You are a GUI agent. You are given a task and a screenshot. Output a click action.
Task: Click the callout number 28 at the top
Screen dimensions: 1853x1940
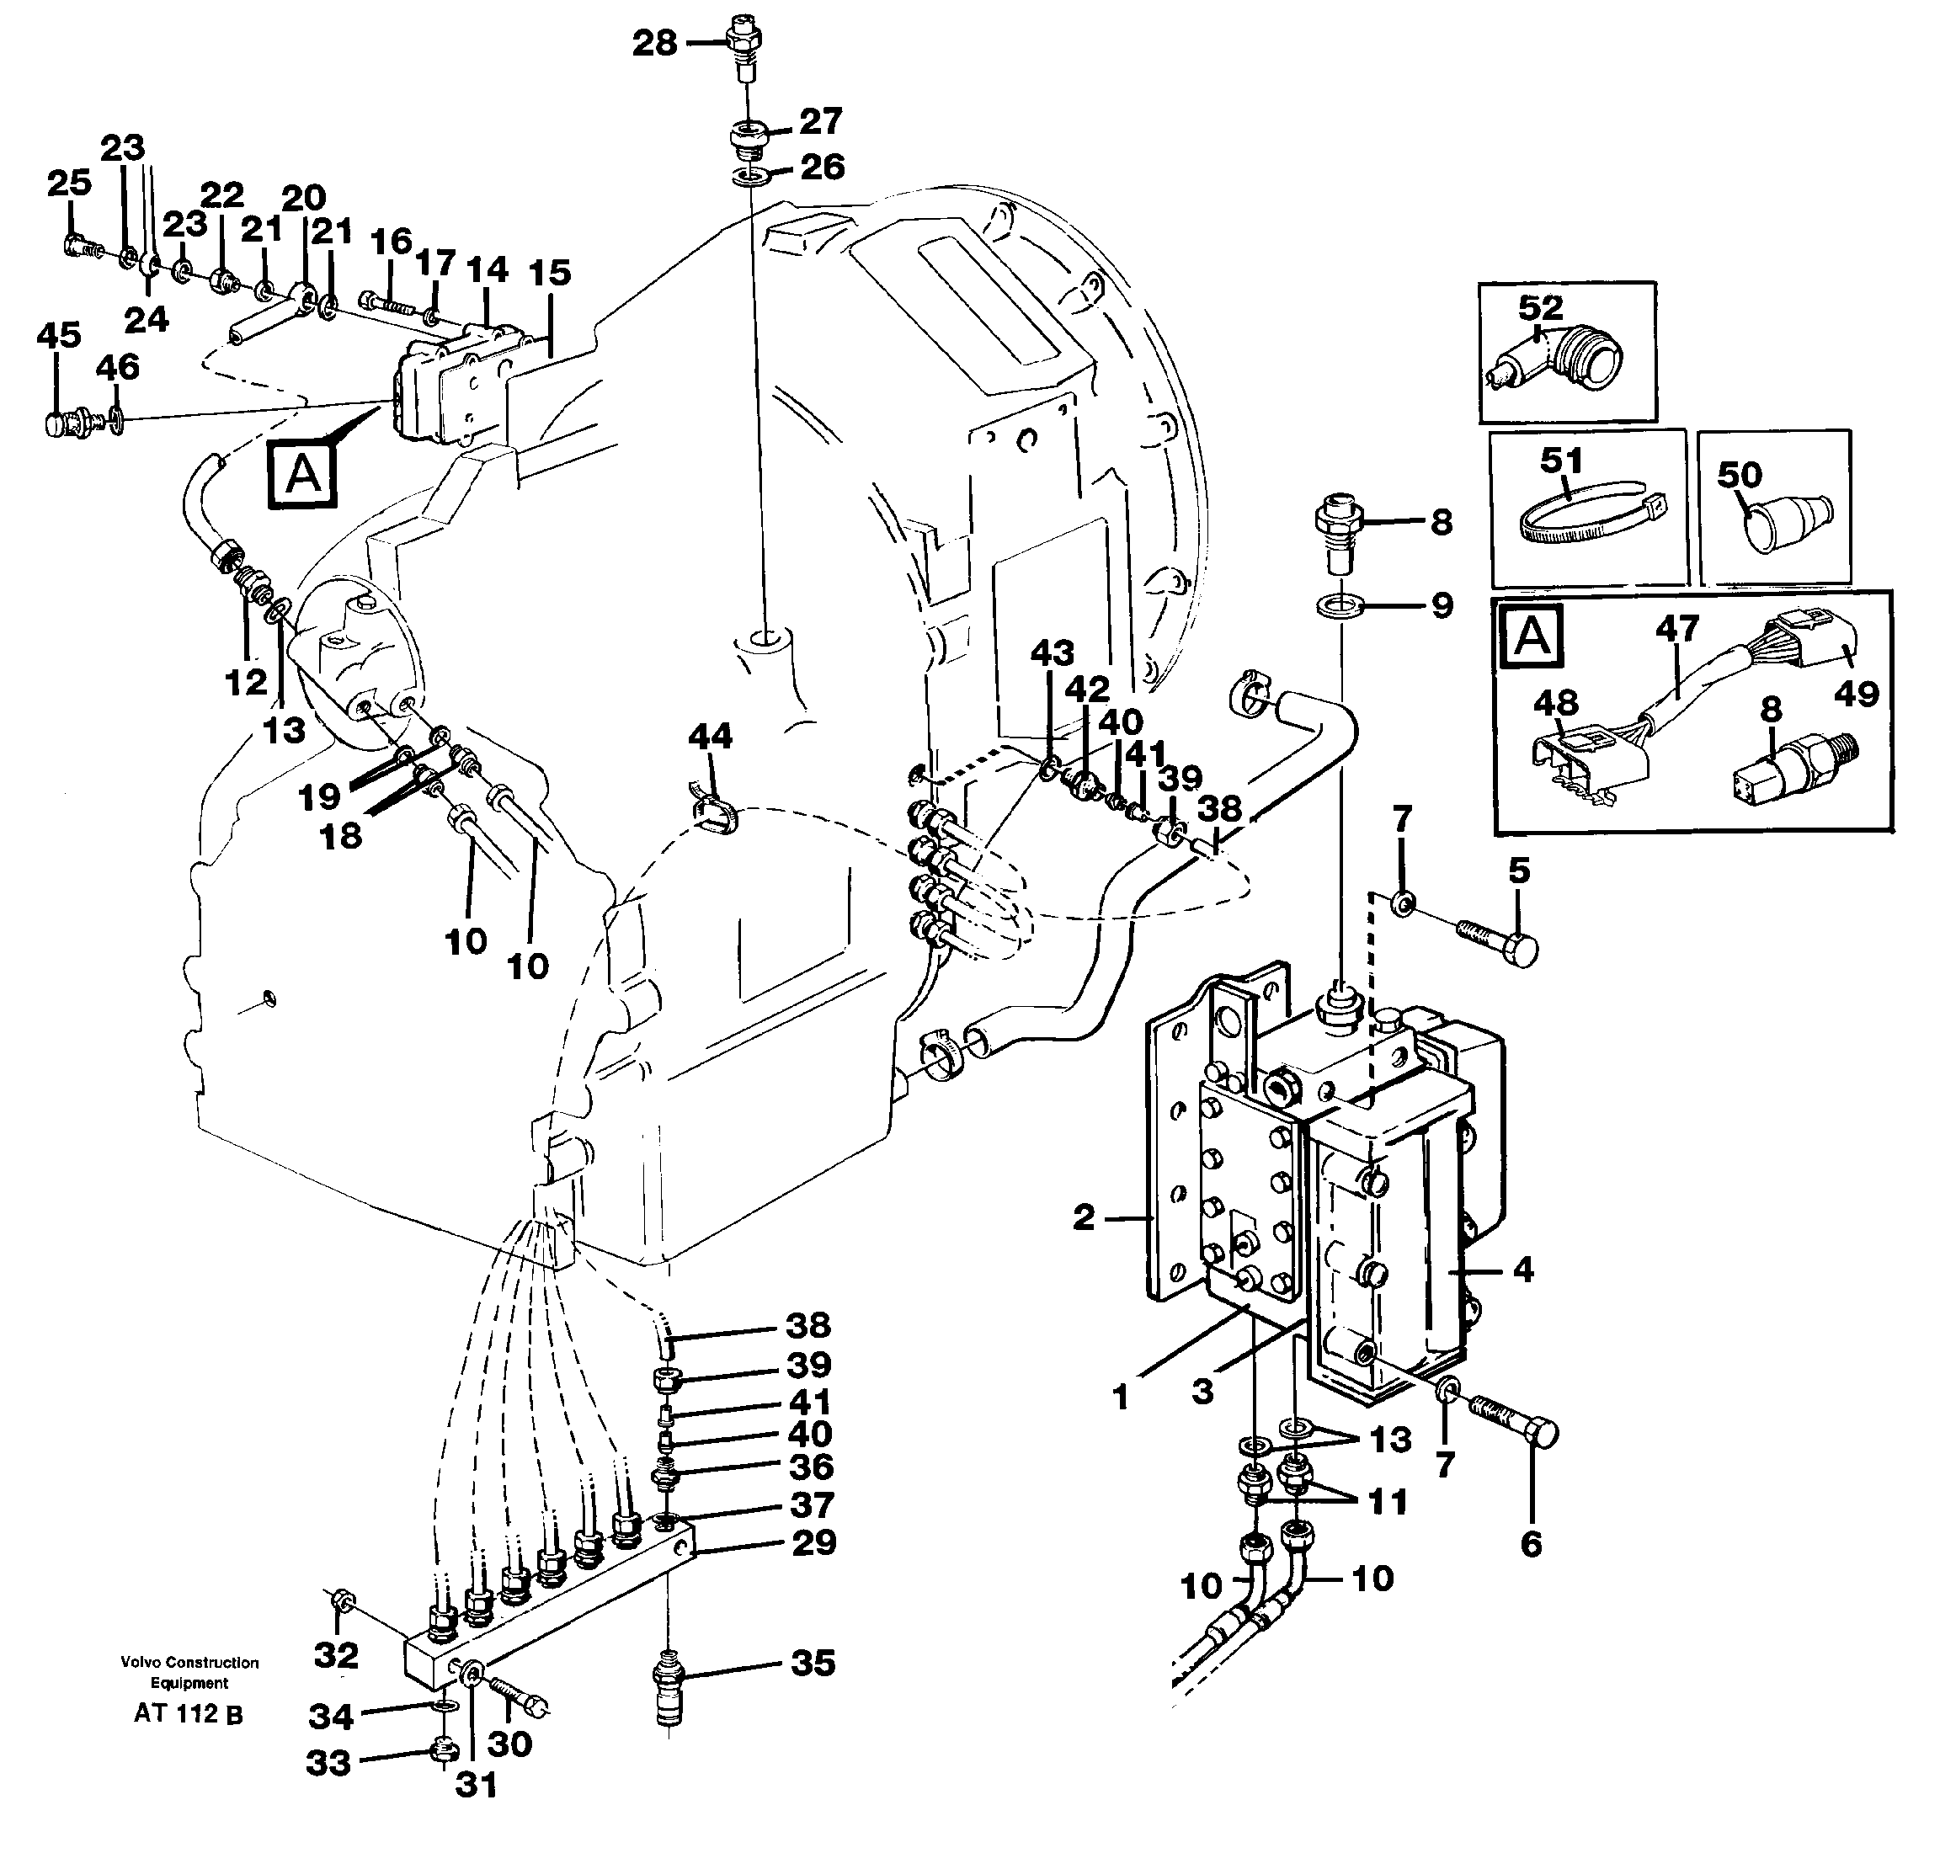click(654, 44)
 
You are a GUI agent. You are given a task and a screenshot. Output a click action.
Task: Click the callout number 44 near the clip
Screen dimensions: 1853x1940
click(710, 736)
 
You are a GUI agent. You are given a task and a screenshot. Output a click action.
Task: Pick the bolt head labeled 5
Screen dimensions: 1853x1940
click(1523, 950)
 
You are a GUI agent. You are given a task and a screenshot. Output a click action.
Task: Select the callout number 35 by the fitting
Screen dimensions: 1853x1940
click(813, 1664)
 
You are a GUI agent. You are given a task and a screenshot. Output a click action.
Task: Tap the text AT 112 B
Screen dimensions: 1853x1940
click(188, 1715)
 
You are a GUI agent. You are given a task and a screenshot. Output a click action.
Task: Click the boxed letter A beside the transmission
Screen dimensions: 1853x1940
click(303, 474)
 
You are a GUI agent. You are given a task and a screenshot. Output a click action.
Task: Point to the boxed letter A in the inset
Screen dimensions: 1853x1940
click(1531, 636)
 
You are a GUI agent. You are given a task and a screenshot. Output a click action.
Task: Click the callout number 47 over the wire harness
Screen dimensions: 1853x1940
click(1677, 628)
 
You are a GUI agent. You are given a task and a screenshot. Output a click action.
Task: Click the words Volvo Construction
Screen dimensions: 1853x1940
click(189, 1664)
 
